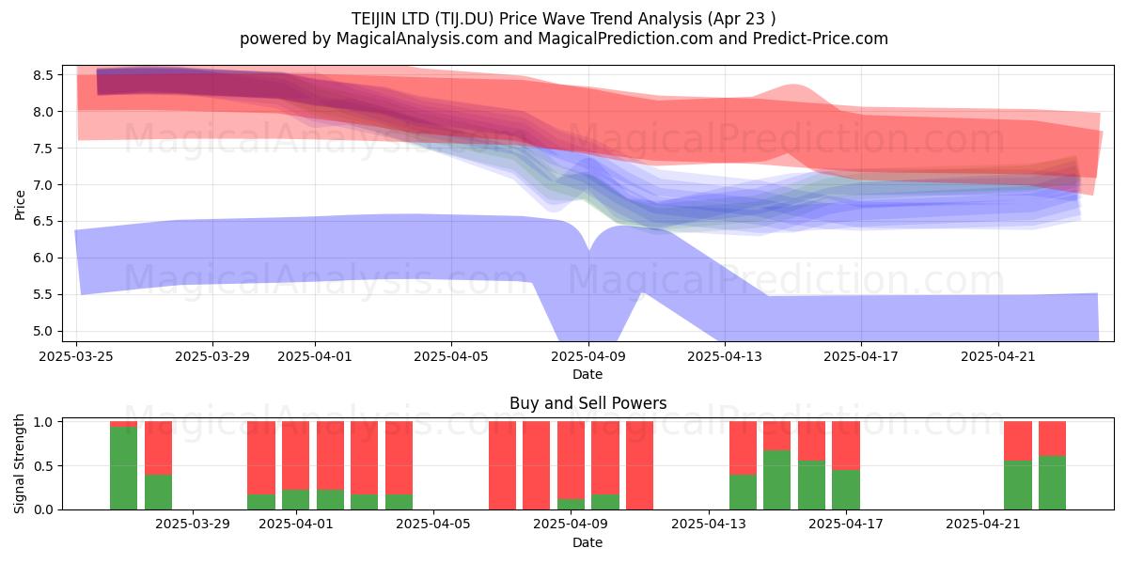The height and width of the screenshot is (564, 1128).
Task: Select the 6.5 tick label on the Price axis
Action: pos(43,222)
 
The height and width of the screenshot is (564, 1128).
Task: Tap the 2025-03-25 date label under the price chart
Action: pos(76,356)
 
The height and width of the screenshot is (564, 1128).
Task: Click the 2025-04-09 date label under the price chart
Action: pos(588,356)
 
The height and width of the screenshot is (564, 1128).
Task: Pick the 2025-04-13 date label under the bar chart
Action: pos(709,524)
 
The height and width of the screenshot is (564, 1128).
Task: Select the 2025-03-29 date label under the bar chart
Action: pos(193,524)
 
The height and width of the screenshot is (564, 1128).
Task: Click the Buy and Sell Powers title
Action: pos(587,403)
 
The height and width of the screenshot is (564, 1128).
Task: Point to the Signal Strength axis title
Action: pos(19,463)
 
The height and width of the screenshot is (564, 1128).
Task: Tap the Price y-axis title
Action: pos(20,205)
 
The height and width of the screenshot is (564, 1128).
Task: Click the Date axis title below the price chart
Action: pos(587,374)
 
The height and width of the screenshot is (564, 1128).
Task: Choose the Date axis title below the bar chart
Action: pos(587,542)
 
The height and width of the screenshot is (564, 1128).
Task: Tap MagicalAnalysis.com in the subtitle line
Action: pos(417,39)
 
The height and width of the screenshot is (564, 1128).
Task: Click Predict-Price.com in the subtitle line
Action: pos(821,39)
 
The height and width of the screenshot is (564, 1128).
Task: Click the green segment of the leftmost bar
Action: pos(123,468)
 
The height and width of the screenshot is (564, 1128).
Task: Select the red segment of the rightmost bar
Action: pos(1052,439)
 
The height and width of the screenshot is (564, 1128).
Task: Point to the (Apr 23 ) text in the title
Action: pos(742,19)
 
